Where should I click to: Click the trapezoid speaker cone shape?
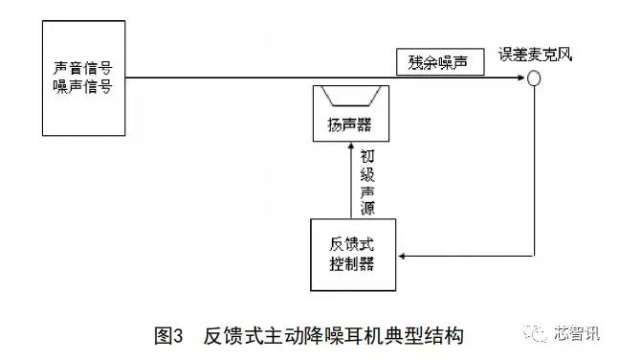point(349,97)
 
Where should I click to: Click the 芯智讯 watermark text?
point(578,334)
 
